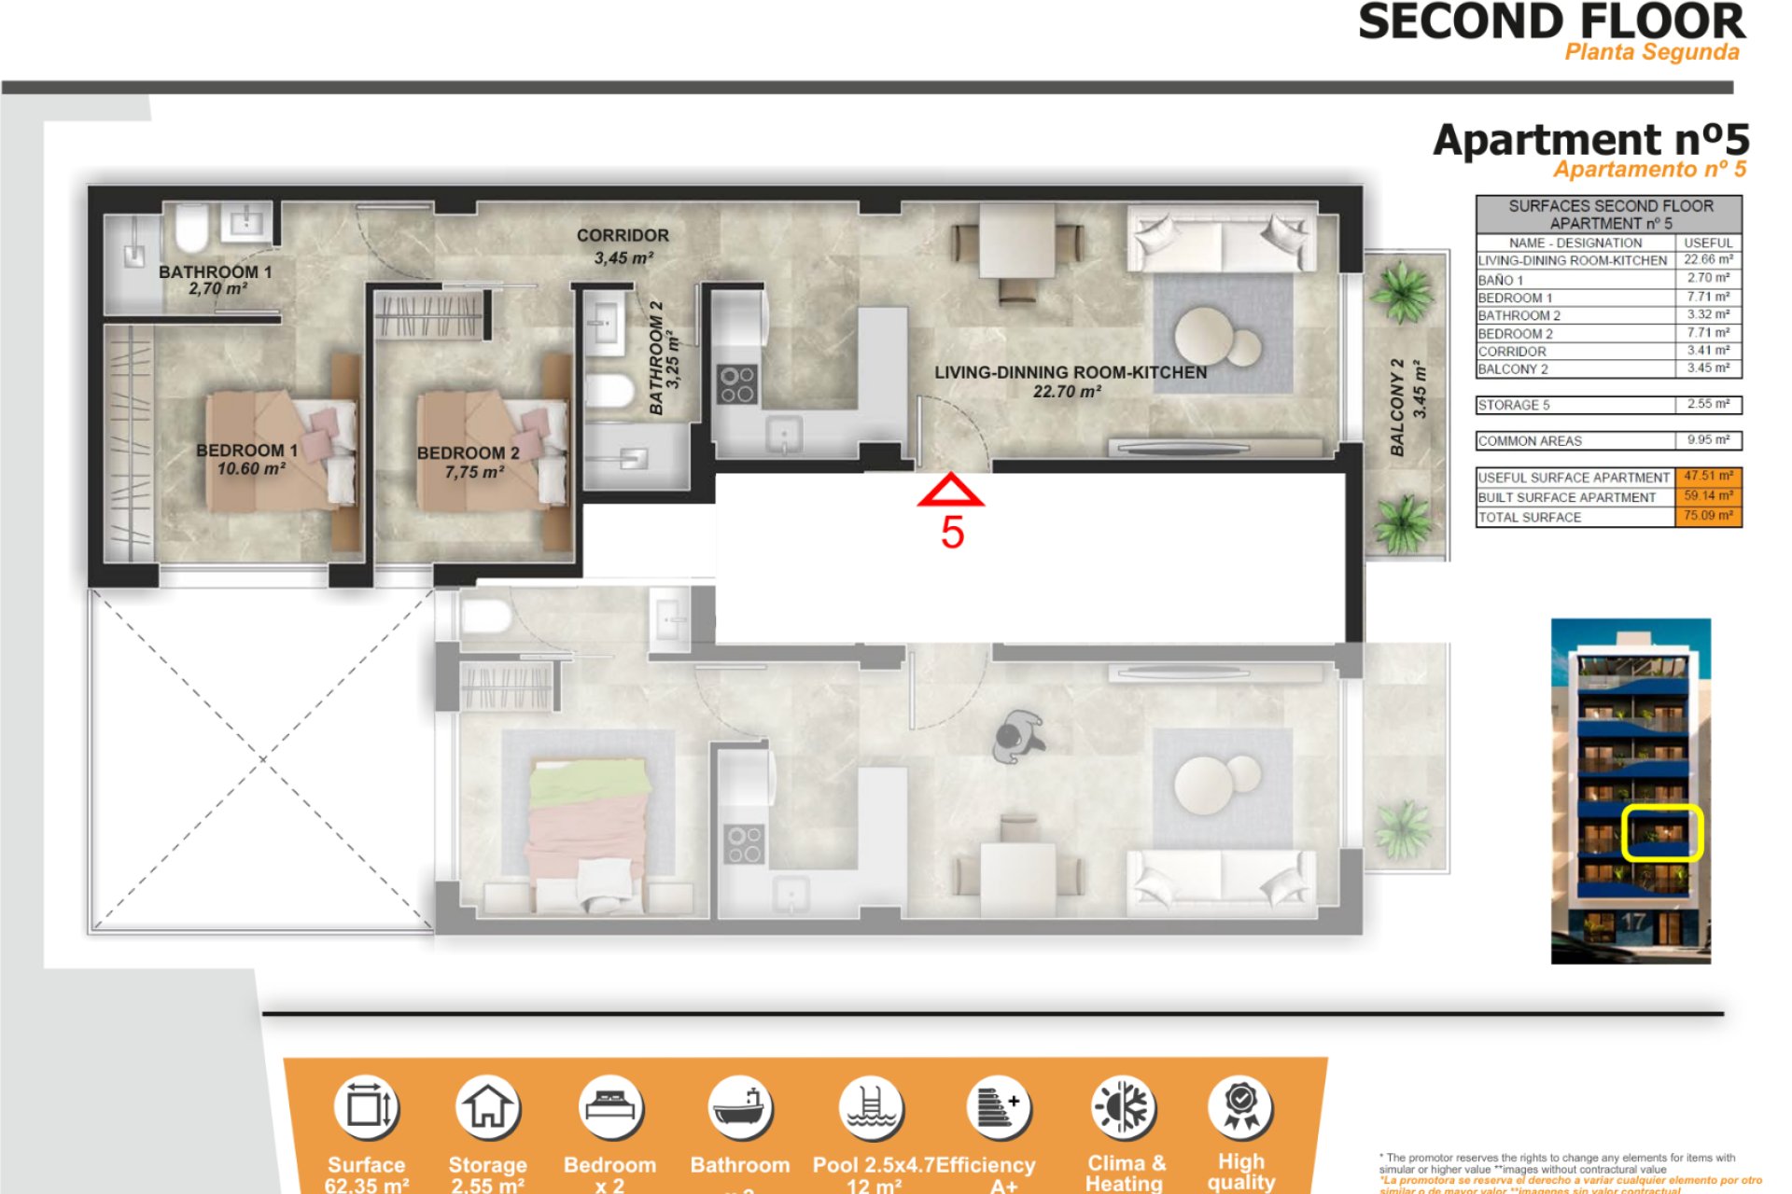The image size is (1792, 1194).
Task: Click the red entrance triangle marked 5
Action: click(950, 491)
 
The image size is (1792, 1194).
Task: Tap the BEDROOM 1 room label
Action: click(246, 451)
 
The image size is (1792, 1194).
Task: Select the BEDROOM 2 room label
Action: click(468, 453)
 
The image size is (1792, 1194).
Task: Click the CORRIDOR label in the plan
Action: click(623, 236)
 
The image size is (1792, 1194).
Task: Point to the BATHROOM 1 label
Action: click(215, 272)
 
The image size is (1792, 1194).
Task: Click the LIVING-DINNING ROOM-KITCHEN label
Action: click(1070, 372)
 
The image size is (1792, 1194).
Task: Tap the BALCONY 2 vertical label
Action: click(1397, 408)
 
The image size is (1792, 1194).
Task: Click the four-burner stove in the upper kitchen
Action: click(736, 384)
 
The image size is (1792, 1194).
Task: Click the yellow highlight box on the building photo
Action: click(1662, 832)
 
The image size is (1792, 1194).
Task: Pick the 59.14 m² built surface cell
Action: click(1708, 496)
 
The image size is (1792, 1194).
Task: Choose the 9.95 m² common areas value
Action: click(1708, 440)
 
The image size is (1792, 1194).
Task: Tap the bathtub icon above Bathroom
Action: click(739, 1108)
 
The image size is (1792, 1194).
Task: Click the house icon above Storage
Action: click(487, 1107)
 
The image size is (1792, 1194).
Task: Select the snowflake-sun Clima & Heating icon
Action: click(1125, 1108)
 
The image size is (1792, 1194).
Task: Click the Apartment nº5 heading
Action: click(1590, 140)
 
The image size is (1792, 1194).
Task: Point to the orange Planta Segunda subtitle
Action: click(1651, 52)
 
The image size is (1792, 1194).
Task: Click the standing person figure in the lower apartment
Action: click(1016, 737)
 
